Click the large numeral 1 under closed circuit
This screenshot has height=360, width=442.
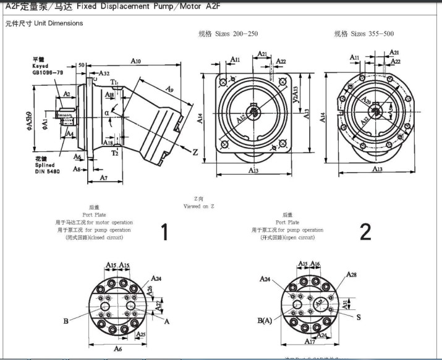pos(164,232)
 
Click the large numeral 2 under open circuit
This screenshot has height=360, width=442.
pos(365,232)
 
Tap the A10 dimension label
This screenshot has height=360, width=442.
pos(136,61)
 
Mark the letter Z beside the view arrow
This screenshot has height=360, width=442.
pos(195,152)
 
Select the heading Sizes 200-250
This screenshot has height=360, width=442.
pos(228,34)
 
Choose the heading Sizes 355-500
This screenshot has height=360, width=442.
pos(364,34)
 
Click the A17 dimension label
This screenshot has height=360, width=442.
pos(309,341)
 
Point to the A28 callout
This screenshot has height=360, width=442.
pos(351,274)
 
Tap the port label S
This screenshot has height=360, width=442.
pos(358,316)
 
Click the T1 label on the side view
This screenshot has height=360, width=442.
pos(115,82)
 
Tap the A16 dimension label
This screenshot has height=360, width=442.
pos(315,264)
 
